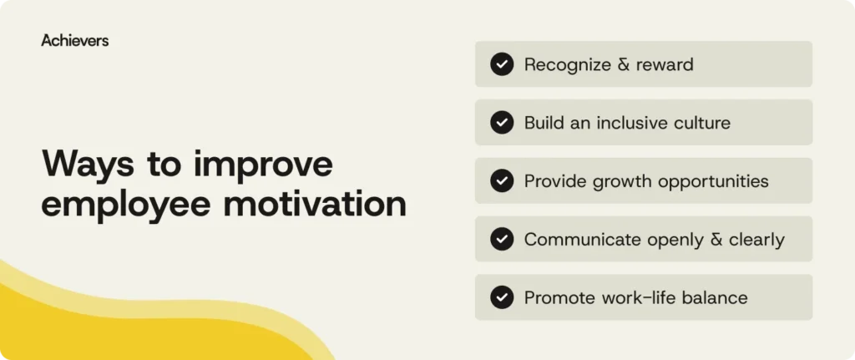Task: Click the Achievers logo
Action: pos(74,40)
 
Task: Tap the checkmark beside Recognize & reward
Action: pos(502,64)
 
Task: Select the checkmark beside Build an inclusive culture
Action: pos(502,123)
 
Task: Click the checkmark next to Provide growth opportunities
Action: pos(502,181)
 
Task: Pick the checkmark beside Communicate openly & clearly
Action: pos(502,240)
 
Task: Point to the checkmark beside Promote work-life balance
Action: pos(502,297)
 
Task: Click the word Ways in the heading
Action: pos(86,165)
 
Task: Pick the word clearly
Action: pos(756,241)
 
